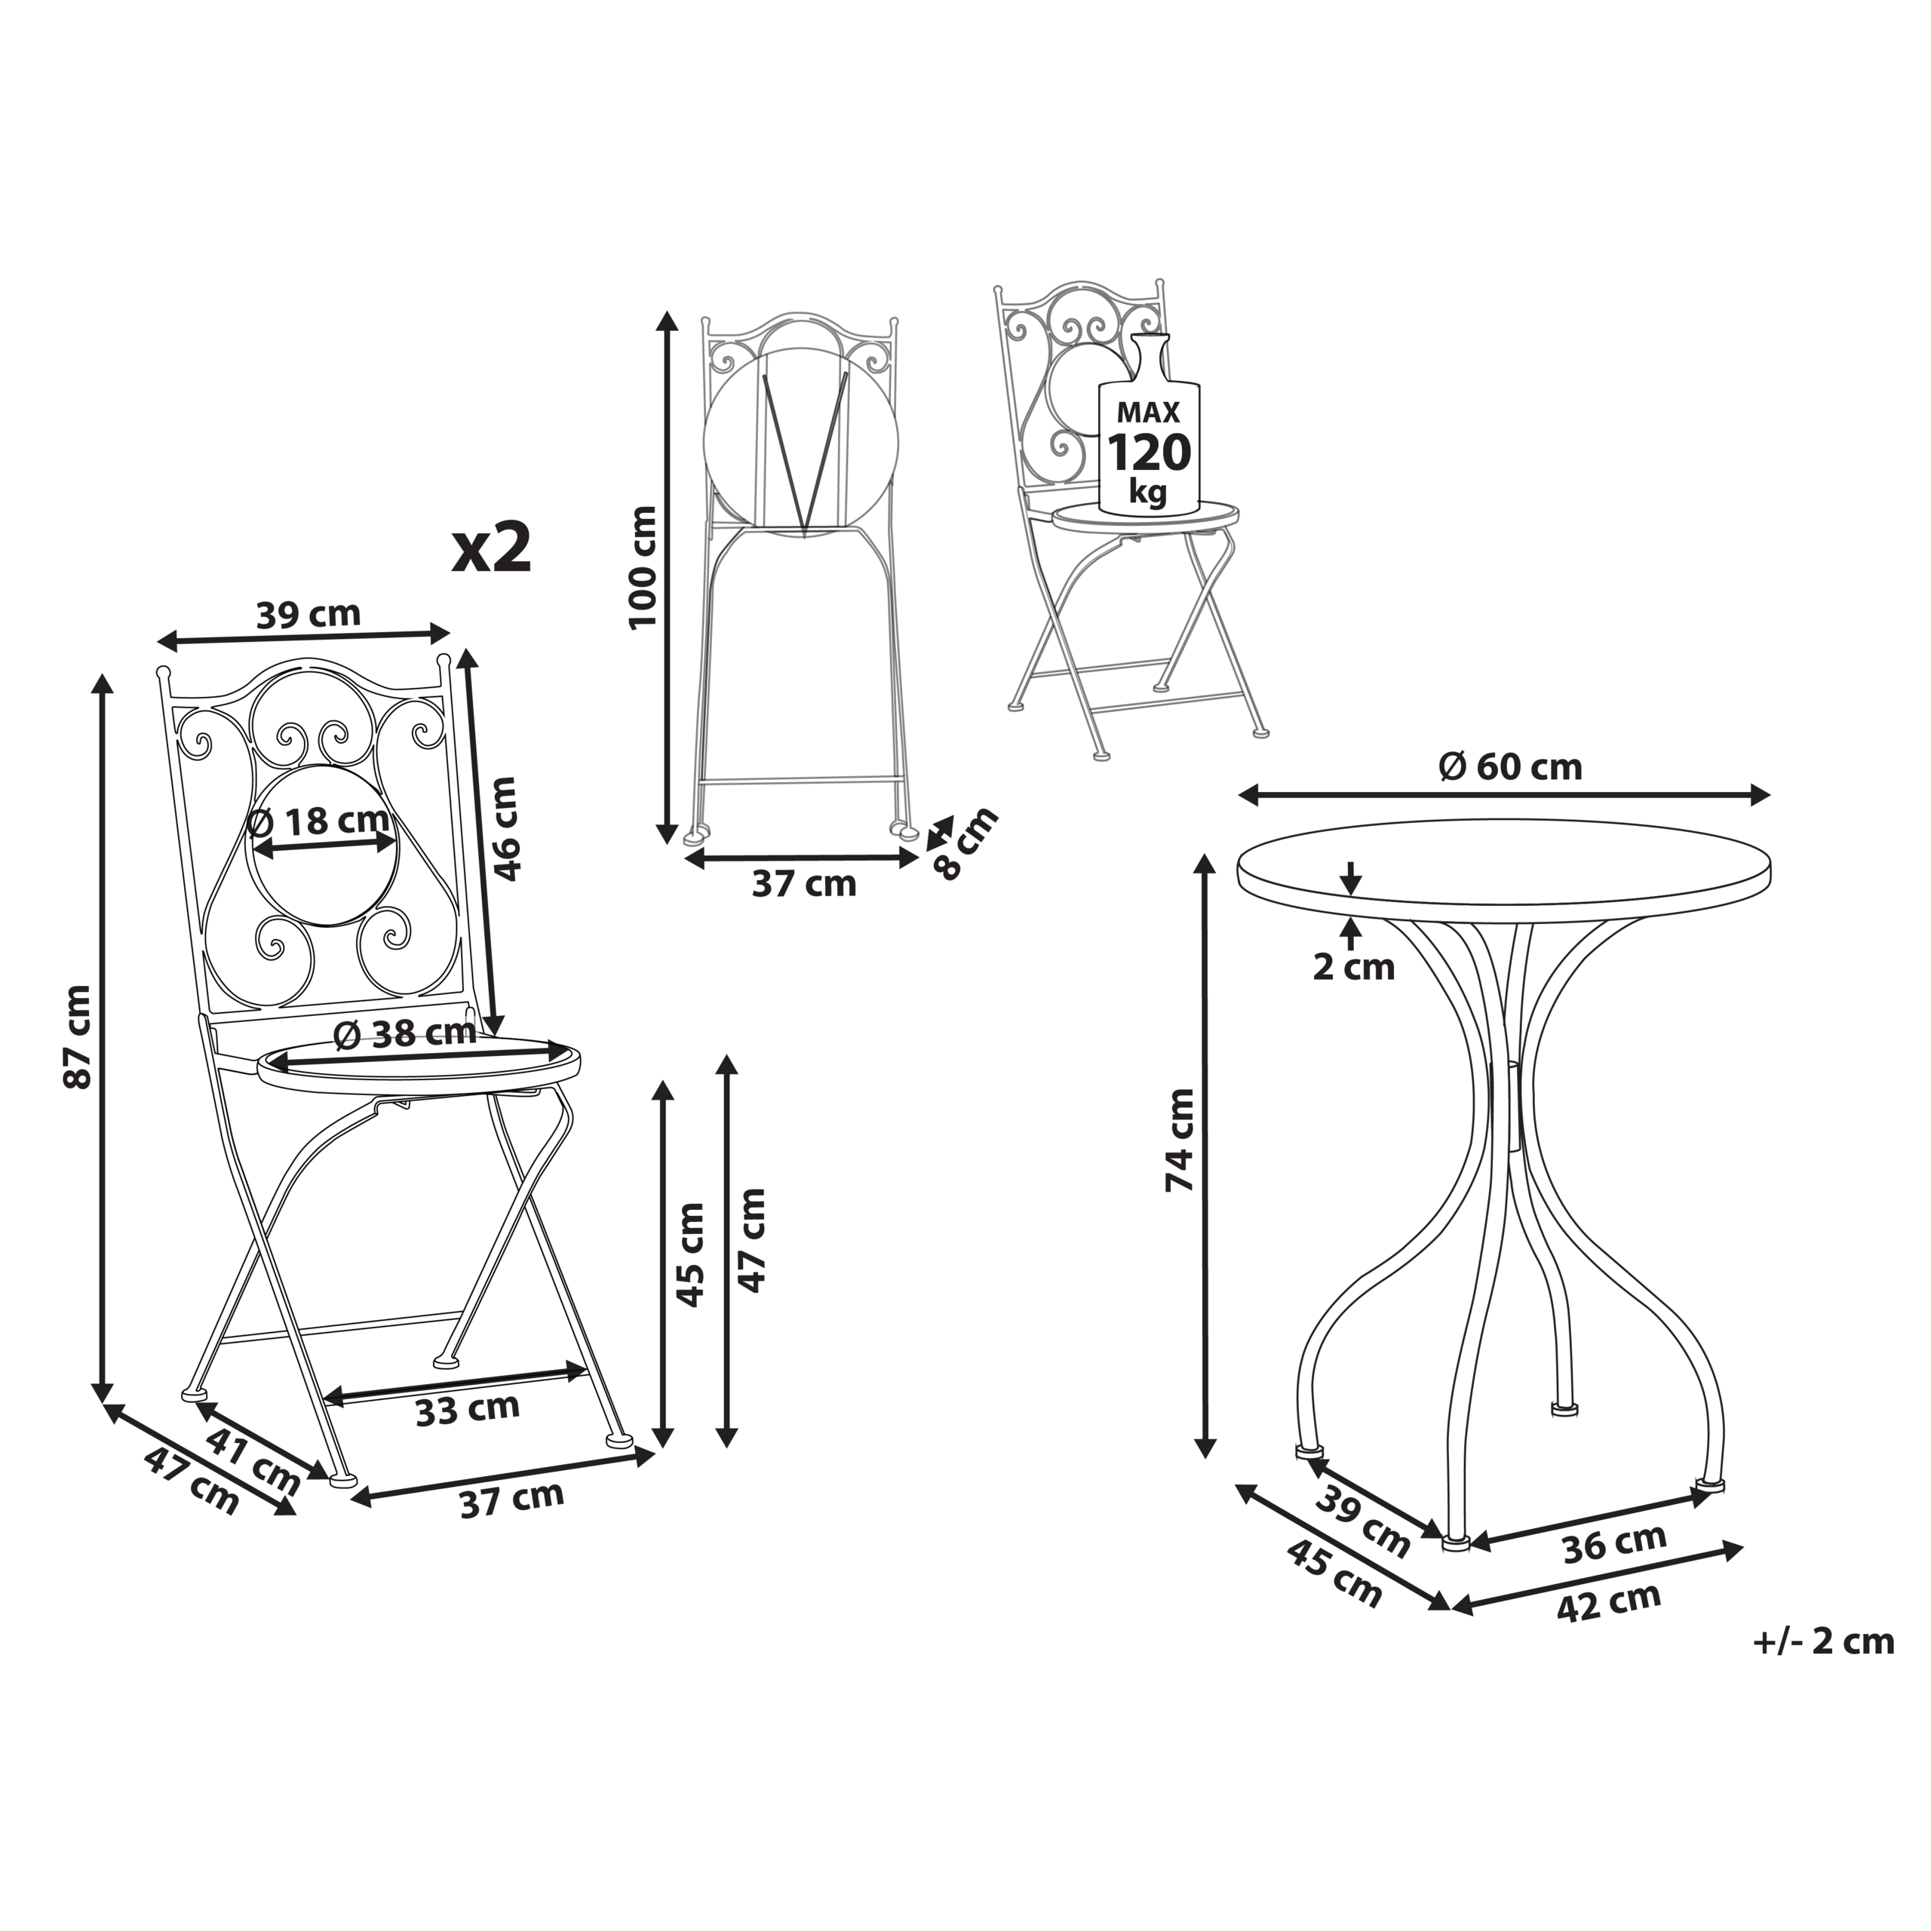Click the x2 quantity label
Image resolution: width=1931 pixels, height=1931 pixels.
[x=491, y=550]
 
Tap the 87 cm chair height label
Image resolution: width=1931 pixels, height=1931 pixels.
[x=78, y=1036]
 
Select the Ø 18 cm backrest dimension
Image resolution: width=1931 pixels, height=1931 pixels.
[x=318, y=821]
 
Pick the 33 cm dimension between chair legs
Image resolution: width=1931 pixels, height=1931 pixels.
[x=468, y=1409]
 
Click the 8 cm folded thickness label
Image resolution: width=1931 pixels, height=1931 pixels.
[x=965, y=842]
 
